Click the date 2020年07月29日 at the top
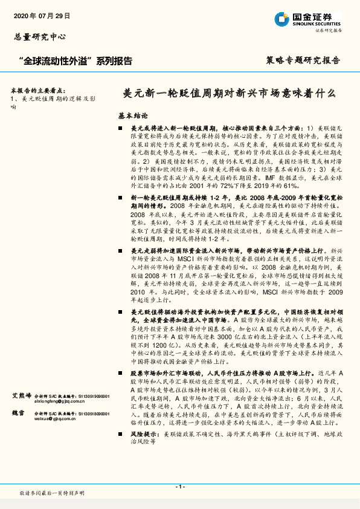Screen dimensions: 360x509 click(x=42, y=15)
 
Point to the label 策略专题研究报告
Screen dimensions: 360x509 click(x=303, y=60)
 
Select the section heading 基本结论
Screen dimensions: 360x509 click(x=133, y=115)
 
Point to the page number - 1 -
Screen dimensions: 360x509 click(x=179, y=487)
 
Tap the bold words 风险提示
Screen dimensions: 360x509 click(x=144, y=434)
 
